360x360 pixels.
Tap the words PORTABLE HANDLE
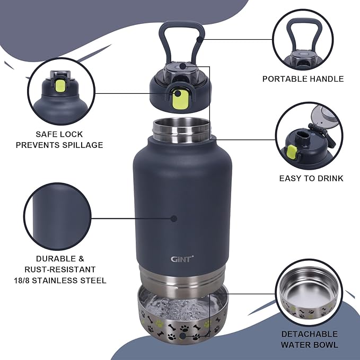(303, 79)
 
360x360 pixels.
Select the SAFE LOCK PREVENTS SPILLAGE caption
(59, 139)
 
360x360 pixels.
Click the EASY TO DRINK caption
(311, 178)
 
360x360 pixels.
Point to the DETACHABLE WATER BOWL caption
(310, 339)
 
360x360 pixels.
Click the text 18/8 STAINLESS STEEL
(60, 280)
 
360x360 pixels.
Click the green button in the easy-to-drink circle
(291, 152)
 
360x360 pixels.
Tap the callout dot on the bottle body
(174, 217)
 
